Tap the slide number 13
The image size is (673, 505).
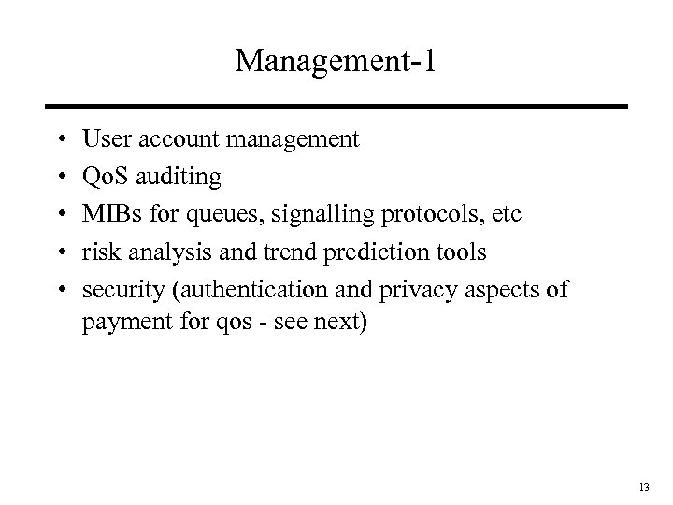(x=643, y=488)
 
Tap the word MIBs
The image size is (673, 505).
(x=109, y=215)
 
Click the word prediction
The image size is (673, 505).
(x=343, y=252)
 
